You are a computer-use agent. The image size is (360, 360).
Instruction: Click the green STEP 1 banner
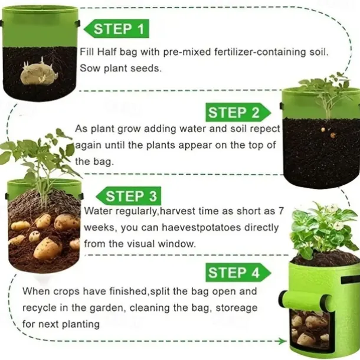[117, 29]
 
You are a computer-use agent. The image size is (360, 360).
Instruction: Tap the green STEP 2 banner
[238, 112]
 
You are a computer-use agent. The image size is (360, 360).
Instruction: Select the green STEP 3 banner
[129, 196]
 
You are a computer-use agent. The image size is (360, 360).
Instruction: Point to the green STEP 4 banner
[238, 273]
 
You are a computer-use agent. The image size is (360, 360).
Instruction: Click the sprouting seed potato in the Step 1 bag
[40, 73]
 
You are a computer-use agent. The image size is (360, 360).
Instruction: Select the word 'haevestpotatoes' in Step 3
[201, 227]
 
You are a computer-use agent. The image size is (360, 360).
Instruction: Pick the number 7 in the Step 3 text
[282, 211]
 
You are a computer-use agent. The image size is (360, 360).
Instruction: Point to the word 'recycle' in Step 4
[40, 308]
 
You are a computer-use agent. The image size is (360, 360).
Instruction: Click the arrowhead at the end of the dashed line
[283, 341]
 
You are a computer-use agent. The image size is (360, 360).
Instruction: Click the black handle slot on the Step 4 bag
[350, 280]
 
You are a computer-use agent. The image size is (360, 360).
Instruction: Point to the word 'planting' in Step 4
[81, 325]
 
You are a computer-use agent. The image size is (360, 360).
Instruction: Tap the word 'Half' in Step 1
[107, 52]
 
